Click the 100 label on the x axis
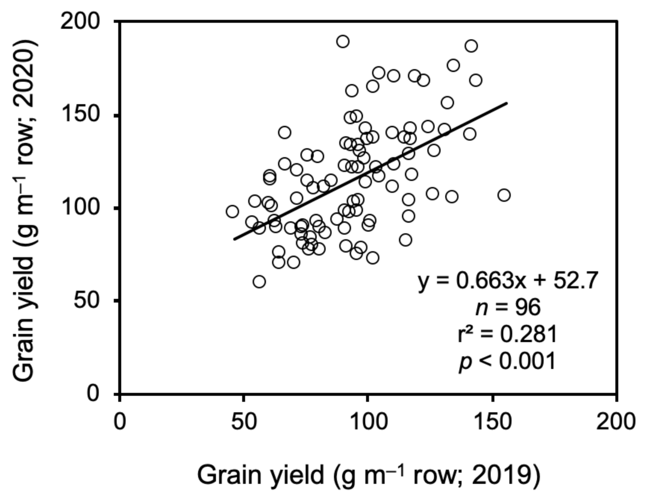tap(367, 421)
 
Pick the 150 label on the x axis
tap(492, 421)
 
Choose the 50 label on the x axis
tap(244, 421)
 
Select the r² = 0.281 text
tap(507, 334)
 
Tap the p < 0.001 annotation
tap(507, 361)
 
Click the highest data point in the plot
tap(343, 41)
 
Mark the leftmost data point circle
tap(232, 211)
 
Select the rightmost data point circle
tap(504, 196)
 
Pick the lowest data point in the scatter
tap(259, 281)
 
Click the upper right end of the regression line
tap(507, 103)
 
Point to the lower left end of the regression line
tap(235, 239)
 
